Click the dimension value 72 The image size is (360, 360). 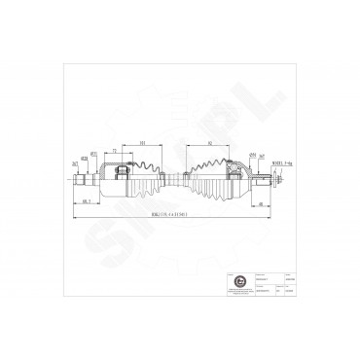pos(115,151)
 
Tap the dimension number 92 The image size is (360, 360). pos(211,143)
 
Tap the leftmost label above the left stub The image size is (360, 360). pos(76,164)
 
